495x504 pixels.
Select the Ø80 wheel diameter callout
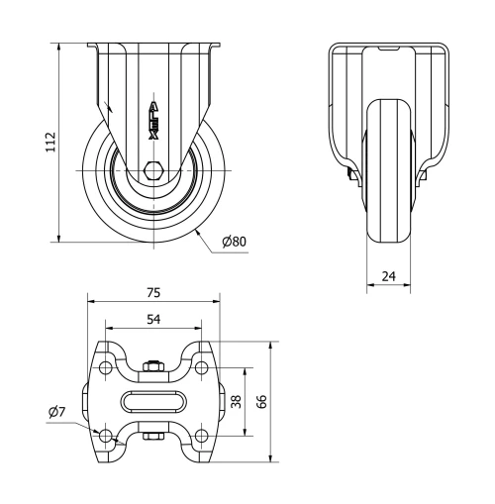235,242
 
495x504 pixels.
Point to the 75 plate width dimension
152,293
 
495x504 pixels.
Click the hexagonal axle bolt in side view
154,170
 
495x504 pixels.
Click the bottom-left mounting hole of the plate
106,435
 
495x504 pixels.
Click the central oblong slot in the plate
152,401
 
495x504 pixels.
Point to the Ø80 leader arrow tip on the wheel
198,231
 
